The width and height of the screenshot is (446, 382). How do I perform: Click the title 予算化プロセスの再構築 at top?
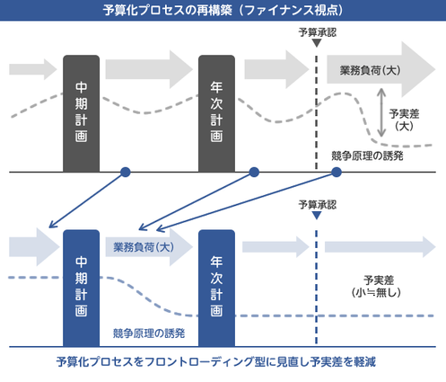tap(223, 11)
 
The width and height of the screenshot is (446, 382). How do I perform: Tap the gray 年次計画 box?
tap(216, 112)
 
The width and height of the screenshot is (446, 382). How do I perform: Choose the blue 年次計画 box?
tap(216, 288)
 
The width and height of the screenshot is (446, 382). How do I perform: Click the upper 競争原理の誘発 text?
tap(368, 155)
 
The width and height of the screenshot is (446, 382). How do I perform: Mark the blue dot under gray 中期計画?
tap(126, 172)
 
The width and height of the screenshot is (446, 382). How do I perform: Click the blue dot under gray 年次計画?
tap(254, 172)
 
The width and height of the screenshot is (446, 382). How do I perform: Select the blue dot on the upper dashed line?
tap(337, 172)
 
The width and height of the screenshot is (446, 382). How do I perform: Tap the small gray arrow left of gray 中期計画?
tap(32, 69)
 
